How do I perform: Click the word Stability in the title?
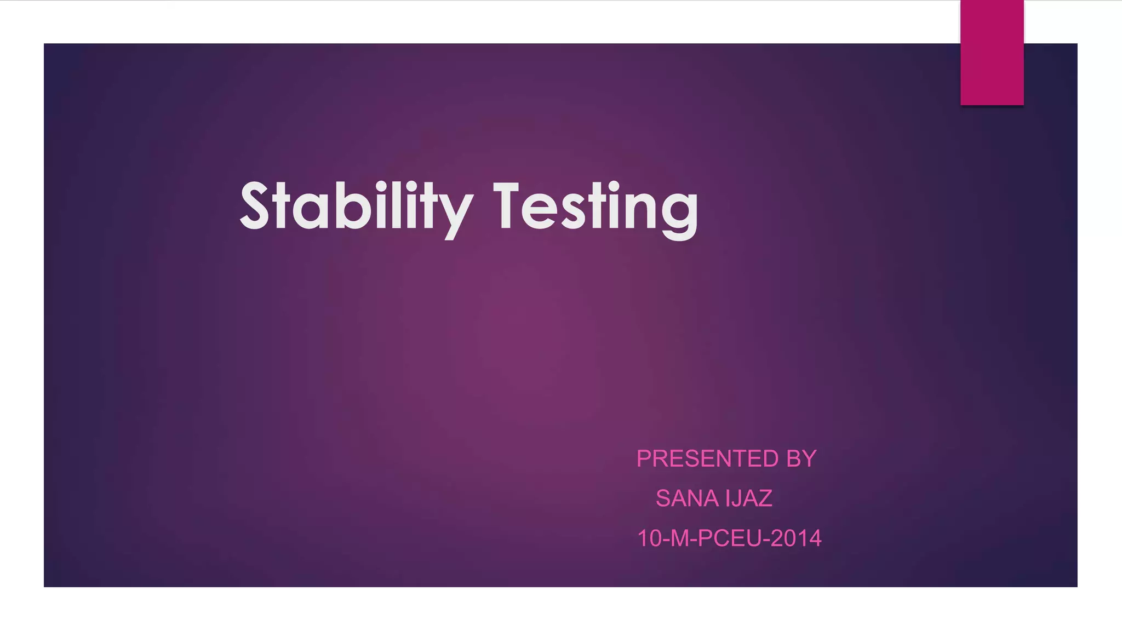click(x=356, y=207)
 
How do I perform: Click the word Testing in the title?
click(x=596, y=207)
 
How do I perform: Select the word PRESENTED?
click(x=707, y=459)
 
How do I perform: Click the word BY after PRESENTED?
click(x=801, y=459)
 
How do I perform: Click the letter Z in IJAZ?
click(x=765, y=498)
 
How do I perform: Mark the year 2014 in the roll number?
click(x=799, y=538)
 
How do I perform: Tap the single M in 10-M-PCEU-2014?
click(x=680, y=538)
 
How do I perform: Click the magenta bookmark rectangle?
click(x=992, y=53)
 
